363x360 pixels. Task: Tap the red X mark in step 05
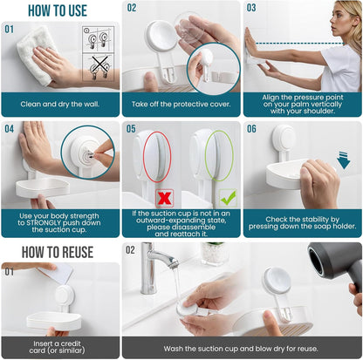click(163, 199)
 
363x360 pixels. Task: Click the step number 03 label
click(251, 8)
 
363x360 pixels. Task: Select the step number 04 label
click(10, 128)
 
